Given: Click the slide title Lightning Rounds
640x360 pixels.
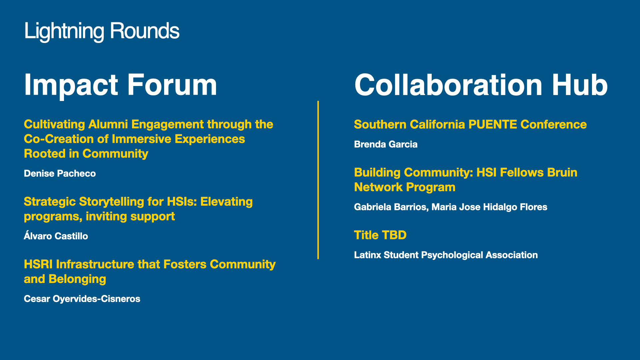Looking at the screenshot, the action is click(x=102, y=31).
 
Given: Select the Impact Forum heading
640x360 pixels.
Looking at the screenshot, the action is click(x=120, y=85).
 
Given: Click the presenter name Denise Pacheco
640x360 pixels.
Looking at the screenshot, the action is click(x=60, y=173).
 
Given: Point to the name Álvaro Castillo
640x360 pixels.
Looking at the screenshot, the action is click(x=56, y=236).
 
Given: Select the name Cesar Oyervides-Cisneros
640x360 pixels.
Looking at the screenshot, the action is click(x=82, y=299).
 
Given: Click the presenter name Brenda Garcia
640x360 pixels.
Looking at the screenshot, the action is click(x=386, y=144).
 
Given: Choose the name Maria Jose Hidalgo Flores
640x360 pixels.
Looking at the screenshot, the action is click(x=489, y=207).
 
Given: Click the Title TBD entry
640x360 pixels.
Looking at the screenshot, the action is click(x=380, y=235).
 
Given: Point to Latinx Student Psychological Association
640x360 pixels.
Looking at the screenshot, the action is click(x=446, y=255).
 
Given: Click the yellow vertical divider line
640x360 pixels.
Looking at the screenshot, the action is click(x=318, y=180).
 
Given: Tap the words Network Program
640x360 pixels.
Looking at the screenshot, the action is click(x=405, y=187).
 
